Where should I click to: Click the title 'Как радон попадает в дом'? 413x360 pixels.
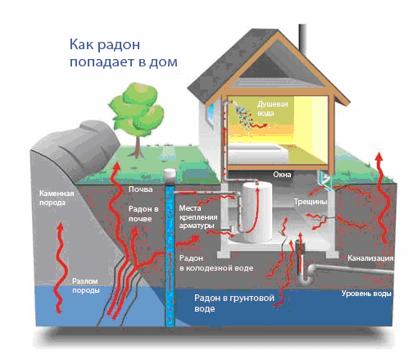pos(124,53)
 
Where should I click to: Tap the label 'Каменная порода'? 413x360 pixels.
pos(57,198)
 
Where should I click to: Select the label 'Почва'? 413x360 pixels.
pos(140,189)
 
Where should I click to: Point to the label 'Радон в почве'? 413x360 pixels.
pos(143,214)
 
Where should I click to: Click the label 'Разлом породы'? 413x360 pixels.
pos(85,285)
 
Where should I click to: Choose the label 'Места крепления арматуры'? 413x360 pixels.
pos(198,216)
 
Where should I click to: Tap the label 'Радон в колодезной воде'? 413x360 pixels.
pos(216,263)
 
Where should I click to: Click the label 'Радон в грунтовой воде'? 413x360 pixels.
pos(234,303)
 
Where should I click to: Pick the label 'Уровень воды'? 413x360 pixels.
pos(366,294)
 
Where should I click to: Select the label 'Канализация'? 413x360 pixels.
pos(370,257)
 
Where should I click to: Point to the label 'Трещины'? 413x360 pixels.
pos(311,202)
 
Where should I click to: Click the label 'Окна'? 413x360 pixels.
pos(282,175)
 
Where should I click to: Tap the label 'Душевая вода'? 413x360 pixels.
pos(272,108)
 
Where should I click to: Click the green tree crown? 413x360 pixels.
pos(137,108)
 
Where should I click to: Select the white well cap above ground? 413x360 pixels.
pos(170,176)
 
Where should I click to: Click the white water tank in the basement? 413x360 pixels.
pos(256,212)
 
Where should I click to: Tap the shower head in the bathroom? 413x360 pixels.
pos(239,107)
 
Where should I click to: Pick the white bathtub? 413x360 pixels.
pos(258,153)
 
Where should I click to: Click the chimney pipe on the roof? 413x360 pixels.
pos(302,38)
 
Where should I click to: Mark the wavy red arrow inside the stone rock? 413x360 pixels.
pos(61,268)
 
